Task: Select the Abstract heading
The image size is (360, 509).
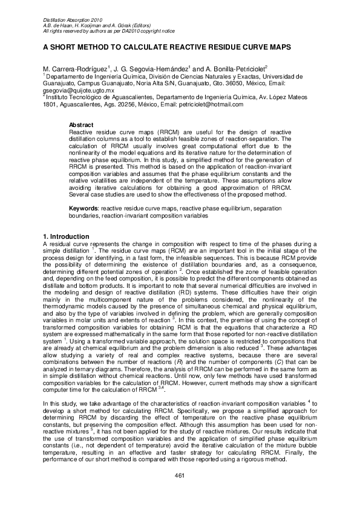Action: (x=82, y=123)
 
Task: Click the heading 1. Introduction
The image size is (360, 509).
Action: (x=66, y=236)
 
